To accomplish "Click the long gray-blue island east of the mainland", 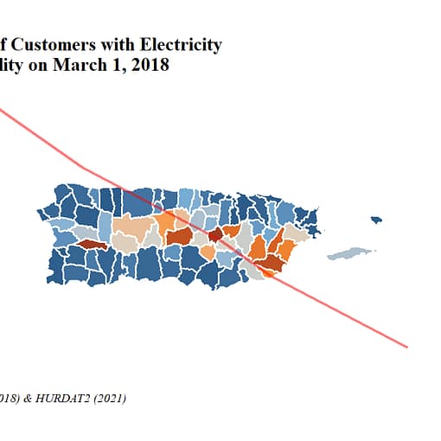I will click(350, 253).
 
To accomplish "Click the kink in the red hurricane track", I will click(83, 166).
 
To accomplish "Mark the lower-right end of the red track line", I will click(406, 348).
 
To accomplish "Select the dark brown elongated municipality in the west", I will click(92, 245).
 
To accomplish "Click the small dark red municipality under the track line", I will click(215, 234).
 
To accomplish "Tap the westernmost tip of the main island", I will click(38, 211).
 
